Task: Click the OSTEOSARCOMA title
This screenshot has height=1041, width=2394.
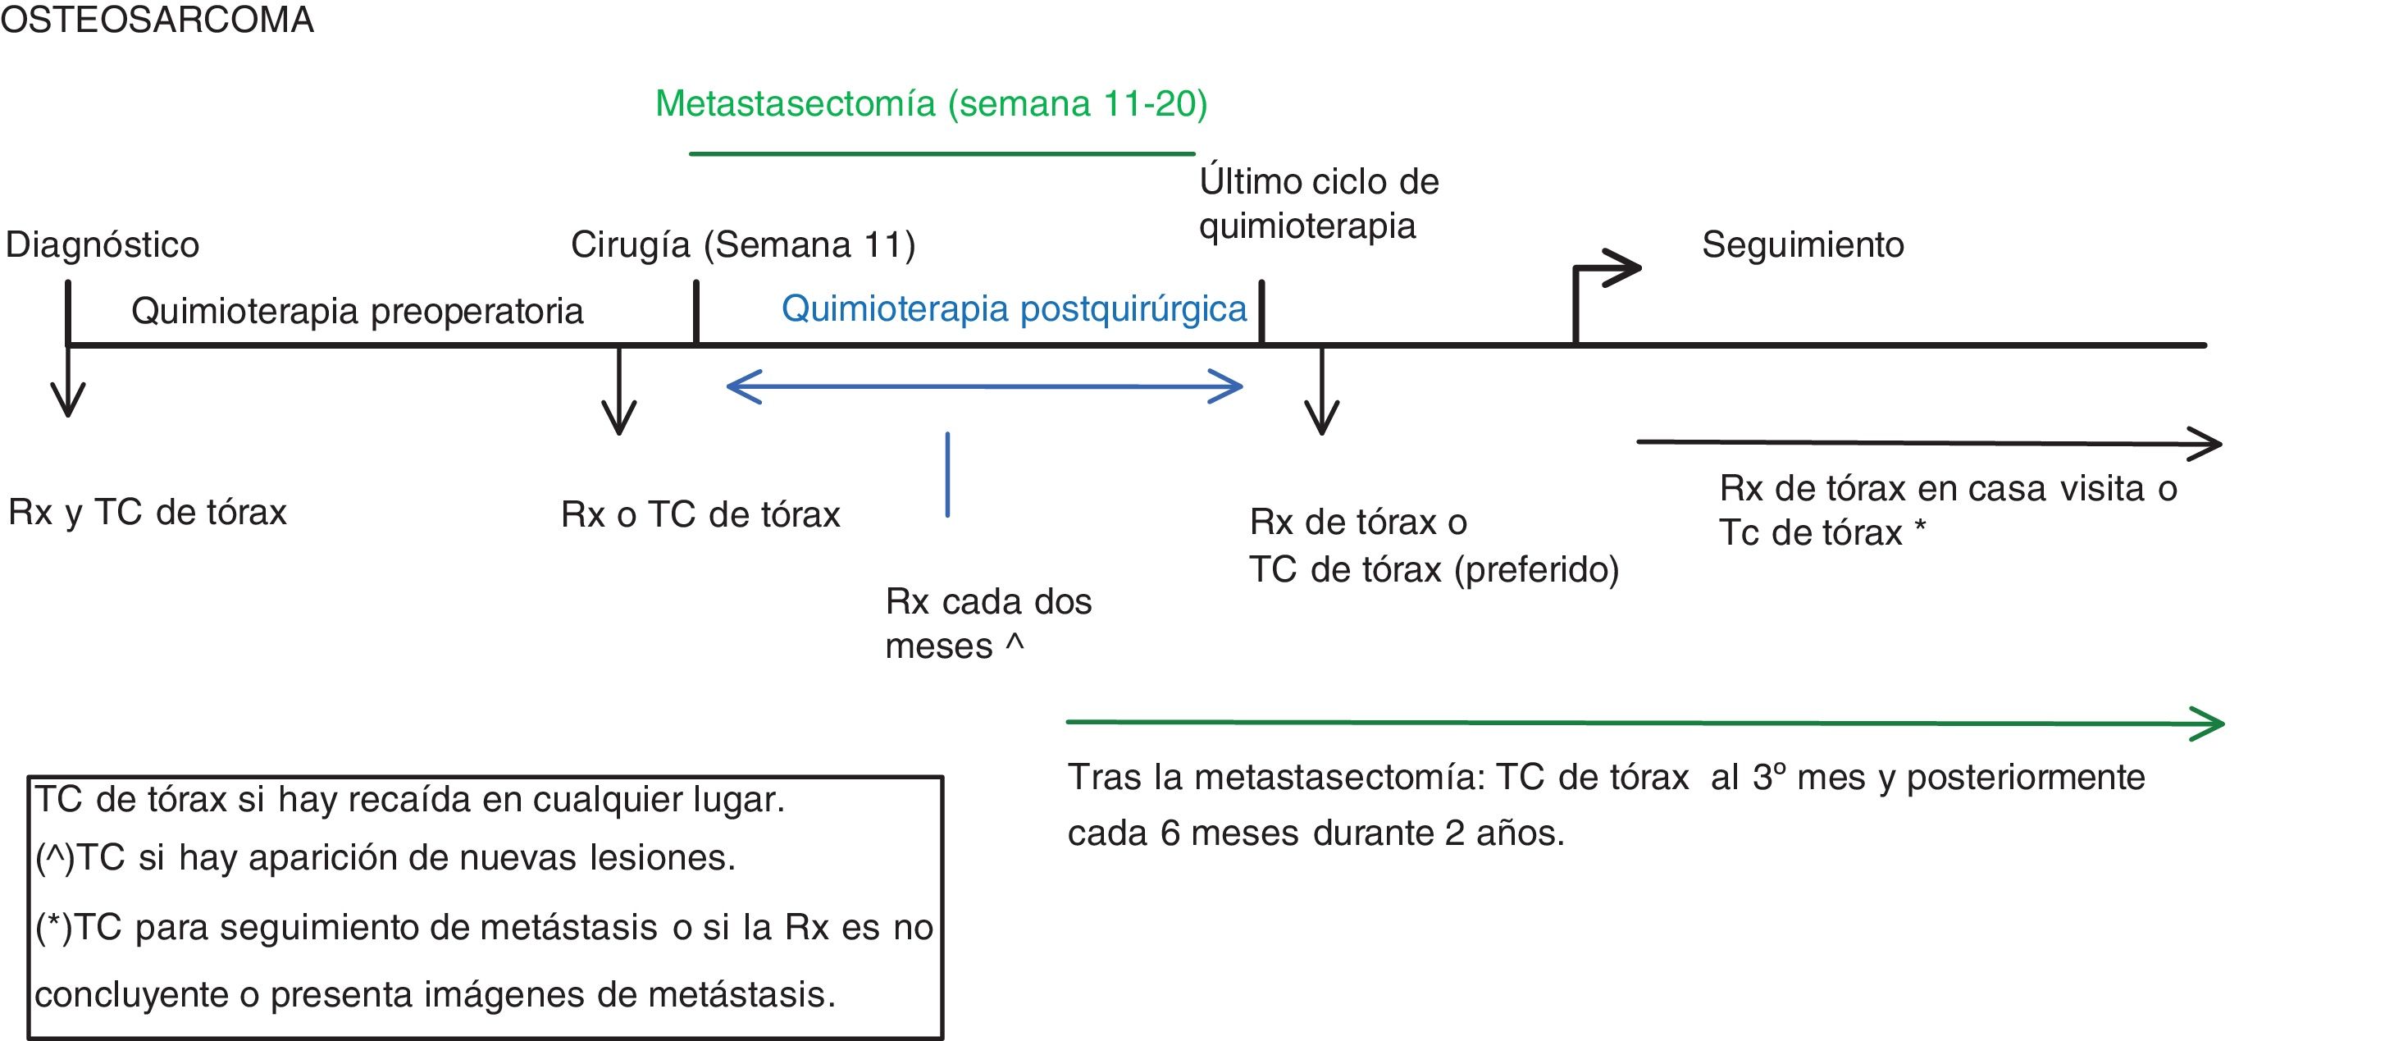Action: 157,20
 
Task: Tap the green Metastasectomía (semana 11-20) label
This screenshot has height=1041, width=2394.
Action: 931,103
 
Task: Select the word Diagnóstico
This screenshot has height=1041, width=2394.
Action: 103,244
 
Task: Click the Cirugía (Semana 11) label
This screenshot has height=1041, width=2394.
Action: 742,244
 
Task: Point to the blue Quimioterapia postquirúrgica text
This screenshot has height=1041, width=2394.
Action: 1014,308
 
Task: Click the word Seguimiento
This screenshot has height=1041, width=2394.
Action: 1803,244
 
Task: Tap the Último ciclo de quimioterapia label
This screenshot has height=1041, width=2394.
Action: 1318,203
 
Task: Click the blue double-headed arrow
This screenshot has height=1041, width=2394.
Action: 984,386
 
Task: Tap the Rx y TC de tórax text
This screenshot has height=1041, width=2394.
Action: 148,512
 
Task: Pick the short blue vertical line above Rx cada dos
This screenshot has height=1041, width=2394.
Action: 947,474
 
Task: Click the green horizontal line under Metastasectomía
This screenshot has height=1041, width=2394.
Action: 942,153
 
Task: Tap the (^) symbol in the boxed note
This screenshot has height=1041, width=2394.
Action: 55,858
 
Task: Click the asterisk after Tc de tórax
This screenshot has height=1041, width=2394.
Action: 1920,528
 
